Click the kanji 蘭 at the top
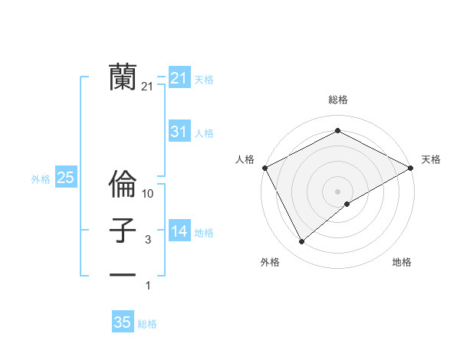coord(123,77)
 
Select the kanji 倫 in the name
coord(123,185)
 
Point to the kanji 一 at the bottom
coord(123,274)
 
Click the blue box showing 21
coord(179,78)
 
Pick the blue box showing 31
coord(179,132)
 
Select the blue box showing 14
coord(179,231)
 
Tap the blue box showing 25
coord(65,178)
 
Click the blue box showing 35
coord(123,322)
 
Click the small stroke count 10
coord(149,195)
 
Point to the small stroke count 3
coord(149,240)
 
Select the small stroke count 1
coord(149,286)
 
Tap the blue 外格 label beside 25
coord(41,179)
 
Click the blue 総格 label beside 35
coord(147,324)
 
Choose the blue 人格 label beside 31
coord(204,133)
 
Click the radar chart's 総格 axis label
coord(338,100)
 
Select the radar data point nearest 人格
coord(264,167)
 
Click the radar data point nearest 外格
coord(302,241)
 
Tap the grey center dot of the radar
coord(338,191)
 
